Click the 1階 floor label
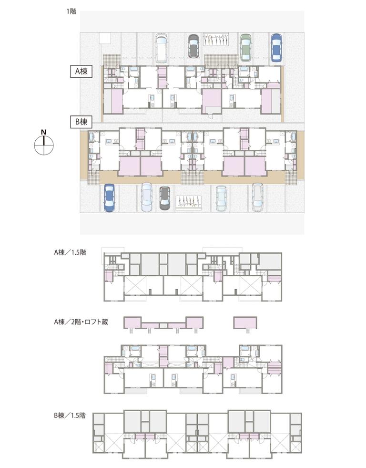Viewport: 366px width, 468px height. [x=71, y=11]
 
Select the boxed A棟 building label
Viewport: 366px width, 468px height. [x=81, y=72]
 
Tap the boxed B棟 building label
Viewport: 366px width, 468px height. [x=81, y=122]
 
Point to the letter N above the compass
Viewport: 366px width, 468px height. [x=44, y=132]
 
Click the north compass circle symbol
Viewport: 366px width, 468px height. [x=44, y=146]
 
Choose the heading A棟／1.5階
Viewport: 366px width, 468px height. [x=70, y=252]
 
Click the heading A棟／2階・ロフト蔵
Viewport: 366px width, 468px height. [x=81, y=322]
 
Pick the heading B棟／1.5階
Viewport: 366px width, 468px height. [x=70, y=415]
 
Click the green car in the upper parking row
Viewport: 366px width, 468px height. [x=245, y=47]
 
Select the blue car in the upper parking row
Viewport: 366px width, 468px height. [x=276, y=47]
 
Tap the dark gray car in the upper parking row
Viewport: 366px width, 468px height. [x=194, y=46]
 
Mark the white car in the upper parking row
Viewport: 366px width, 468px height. [x=161, y=48]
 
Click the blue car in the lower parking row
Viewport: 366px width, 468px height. [x=110, y=198]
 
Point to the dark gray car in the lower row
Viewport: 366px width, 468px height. [x=164, y=198]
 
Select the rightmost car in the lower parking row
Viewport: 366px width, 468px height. [x=257, y=197]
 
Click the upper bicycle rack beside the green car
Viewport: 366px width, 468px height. [x=216, y=39]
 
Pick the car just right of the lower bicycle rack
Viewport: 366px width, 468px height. [x=222, y=198]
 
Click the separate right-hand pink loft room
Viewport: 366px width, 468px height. [x=245, y=323]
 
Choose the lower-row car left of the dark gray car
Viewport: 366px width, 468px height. [x=147, y=198]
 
